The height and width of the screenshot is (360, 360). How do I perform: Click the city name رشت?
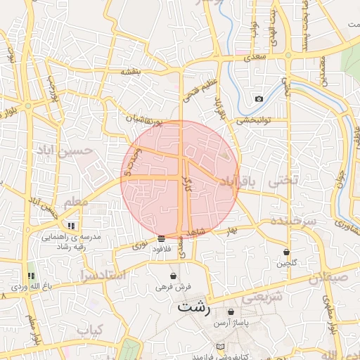194,307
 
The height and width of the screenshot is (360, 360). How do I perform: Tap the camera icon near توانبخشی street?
259,99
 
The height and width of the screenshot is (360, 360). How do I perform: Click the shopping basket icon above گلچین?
287,252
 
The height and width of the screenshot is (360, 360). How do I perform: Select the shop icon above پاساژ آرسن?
231,311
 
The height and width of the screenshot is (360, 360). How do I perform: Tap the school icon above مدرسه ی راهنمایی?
71,226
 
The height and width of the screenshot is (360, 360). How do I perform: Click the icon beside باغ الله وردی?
30,276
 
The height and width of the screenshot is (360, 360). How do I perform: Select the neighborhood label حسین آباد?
65,150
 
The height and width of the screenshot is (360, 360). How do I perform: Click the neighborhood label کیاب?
90,330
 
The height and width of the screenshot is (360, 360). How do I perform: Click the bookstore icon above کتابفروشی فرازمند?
221,347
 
